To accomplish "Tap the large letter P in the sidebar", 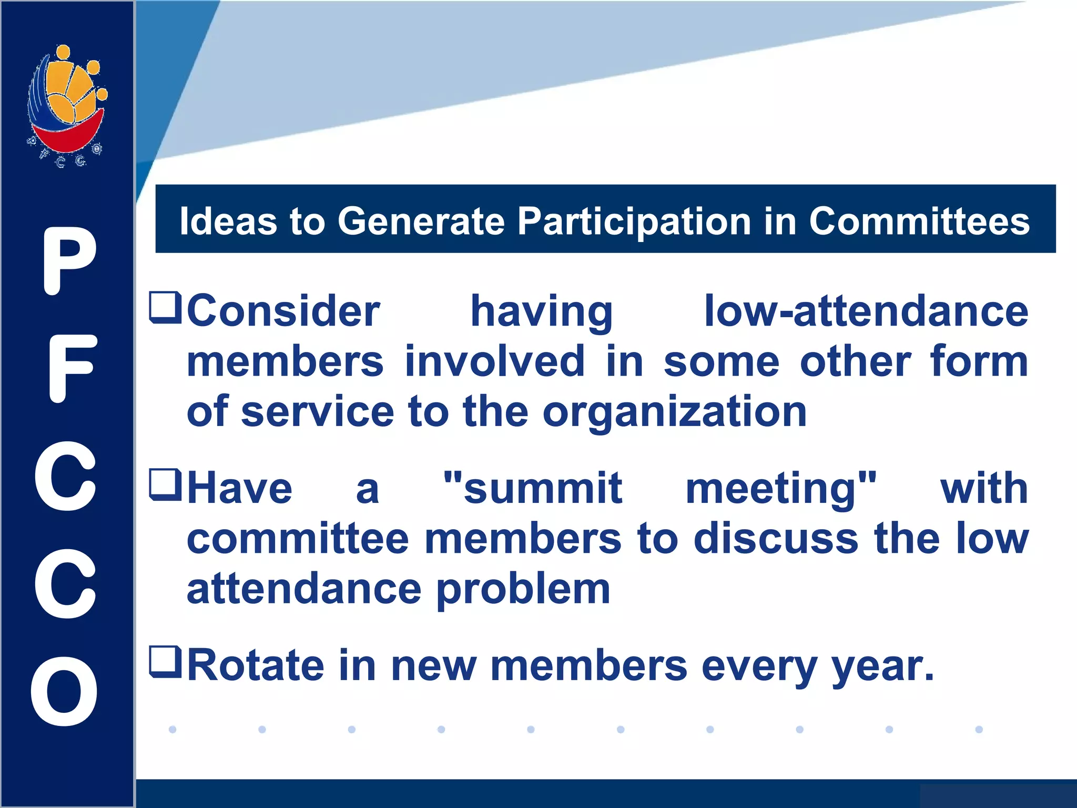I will (69, 261).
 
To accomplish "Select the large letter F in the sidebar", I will (72, 368).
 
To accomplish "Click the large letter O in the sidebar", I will (64, 691).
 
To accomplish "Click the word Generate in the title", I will (421, 221).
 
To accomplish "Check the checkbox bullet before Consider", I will (165, 307).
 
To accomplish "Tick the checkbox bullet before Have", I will (165, 484).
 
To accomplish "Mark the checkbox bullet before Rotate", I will (165, 662).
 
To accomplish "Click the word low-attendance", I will (866, 311).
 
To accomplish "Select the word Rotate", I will (256, 665).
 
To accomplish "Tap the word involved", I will (494, 362).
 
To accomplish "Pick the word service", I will (317, 412).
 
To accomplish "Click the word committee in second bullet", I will (298, 539).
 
